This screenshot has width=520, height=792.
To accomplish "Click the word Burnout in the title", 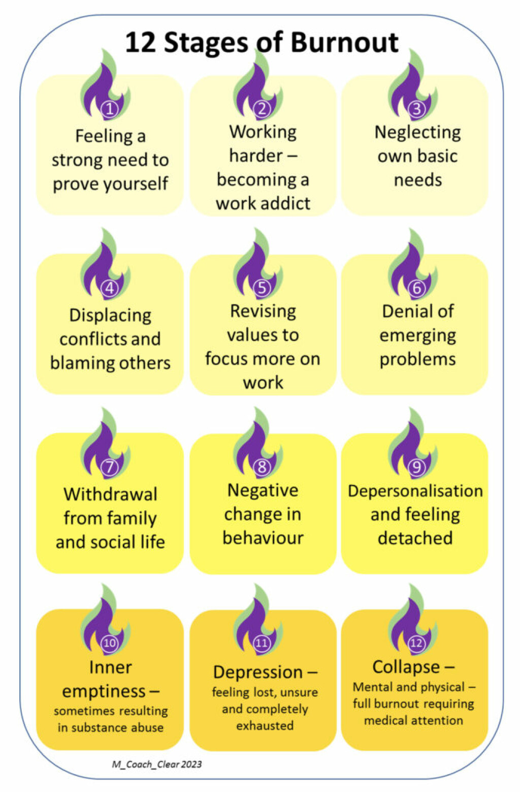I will tap(345, 42).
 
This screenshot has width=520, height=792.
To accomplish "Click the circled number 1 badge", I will tap(110, 108).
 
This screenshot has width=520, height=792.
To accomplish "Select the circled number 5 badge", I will tap(262, 288).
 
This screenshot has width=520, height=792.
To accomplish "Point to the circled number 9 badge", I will tap(416, 467).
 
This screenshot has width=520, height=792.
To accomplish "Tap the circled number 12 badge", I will tap(416, 643).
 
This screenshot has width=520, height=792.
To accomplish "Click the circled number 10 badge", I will tap(110, 643).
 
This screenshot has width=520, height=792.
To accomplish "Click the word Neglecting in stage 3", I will tap(417, 132).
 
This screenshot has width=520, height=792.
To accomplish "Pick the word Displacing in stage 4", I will tap(110, 315).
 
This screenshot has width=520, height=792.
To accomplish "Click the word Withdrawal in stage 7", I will tap(110, 494).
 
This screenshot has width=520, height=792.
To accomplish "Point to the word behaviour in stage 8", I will tap(263, 538).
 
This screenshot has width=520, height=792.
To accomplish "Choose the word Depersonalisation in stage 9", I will tap(415, 491).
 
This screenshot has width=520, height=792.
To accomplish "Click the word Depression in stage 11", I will tap(258, 672).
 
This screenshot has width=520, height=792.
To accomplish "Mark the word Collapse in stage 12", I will tap(406, 666).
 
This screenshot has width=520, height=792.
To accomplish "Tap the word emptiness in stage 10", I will tap(104, 691).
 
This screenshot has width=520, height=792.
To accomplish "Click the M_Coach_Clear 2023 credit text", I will tap(156, 764).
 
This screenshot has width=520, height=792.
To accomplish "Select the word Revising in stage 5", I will tap(263, 311).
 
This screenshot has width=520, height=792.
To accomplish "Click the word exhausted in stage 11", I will tap(265, 725).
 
